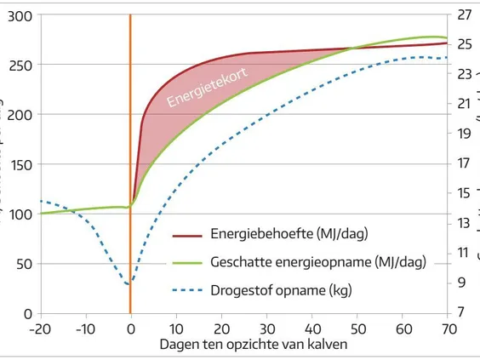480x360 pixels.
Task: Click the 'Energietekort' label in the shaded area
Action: point(208,88)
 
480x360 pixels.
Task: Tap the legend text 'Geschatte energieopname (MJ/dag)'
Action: point(317,262)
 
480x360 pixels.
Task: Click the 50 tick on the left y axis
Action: point(22,264)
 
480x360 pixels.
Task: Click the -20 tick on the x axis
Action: point(40,328)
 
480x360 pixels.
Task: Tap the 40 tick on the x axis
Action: point(311,328)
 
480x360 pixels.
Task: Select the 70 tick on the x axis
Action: point(447,328)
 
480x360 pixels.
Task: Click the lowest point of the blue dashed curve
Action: point(129,284)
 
